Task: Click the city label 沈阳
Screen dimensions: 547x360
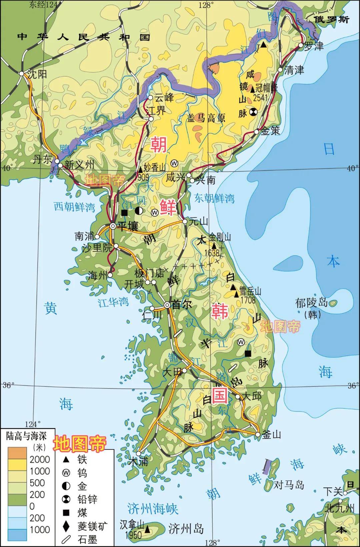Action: coord(37,74)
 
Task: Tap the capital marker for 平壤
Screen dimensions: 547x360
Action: coord(113,226)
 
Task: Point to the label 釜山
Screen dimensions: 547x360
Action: coord(272,434)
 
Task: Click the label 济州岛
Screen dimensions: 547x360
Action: coord(186,529)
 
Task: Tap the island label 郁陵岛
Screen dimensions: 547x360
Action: coord(312,303)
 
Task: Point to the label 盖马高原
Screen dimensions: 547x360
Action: coord(206,118)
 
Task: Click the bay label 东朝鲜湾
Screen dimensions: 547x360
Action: coord(214,199)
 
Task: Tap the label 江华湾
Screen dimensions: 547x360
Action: coord(113,302)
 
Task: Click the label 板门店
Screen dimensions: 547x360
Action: coord(149,273)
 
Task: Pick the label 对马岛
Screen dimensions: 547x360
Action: coord(289,484)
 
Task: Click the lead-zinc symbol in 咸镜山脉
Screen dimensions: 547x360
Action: coord(253,112)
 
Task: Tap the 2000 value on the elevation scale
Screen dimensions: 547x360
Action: coord(40,459)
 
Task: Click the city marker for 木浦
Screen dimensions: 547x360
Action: coord(139,453)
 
